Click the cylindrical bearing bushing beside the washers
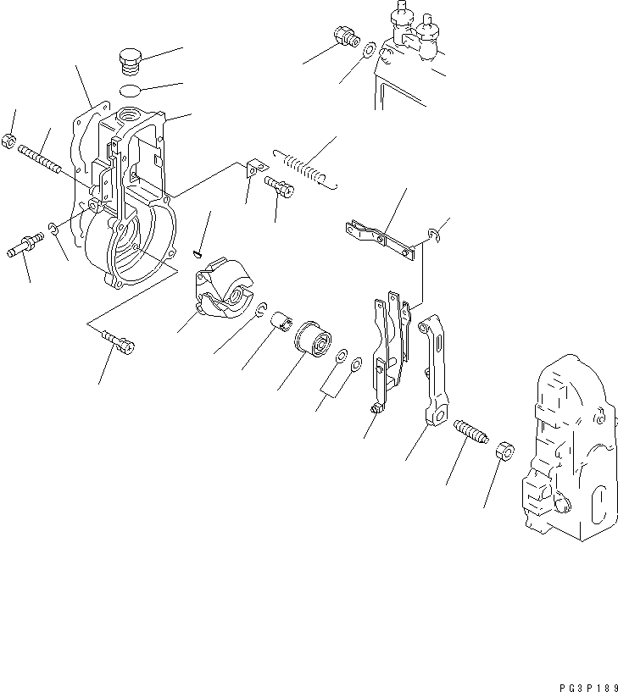[x=315, y=340]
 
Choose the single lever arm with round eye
[x=433, y=369]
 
